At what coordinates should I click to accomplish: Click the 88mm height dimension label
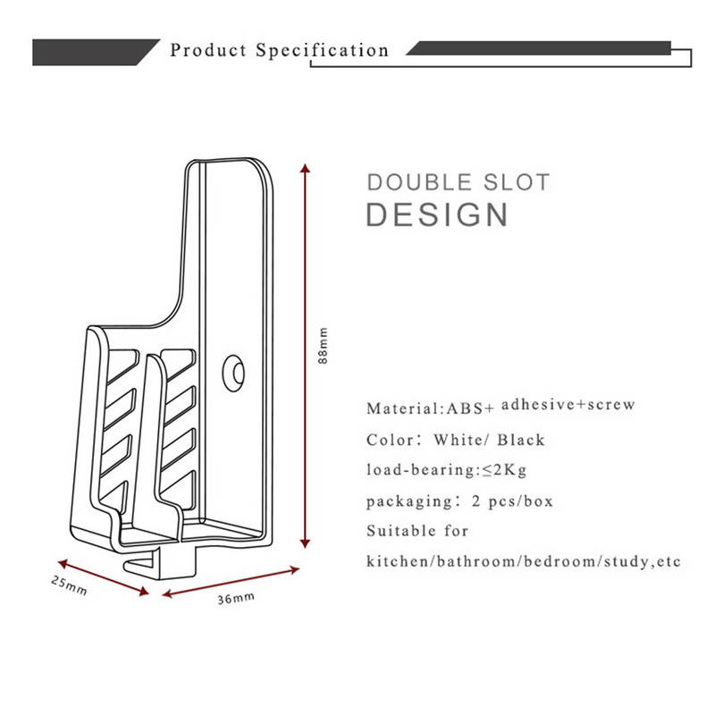(324, 344)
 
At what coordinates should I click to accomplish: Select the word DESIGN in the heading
(438, 214)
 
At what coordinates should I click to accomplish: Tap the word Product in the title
(208, 50)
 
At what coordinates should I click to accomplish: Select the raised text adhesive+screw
(568, 405)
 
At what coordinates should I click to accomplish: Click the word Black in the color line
(521, 440)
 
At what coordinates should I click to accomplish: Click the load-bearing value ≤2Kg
(501, 470)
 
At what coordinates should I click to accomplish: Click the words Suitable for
(417, 531)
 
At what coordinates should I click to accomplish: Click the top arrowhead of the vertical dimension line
(306, 169)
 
